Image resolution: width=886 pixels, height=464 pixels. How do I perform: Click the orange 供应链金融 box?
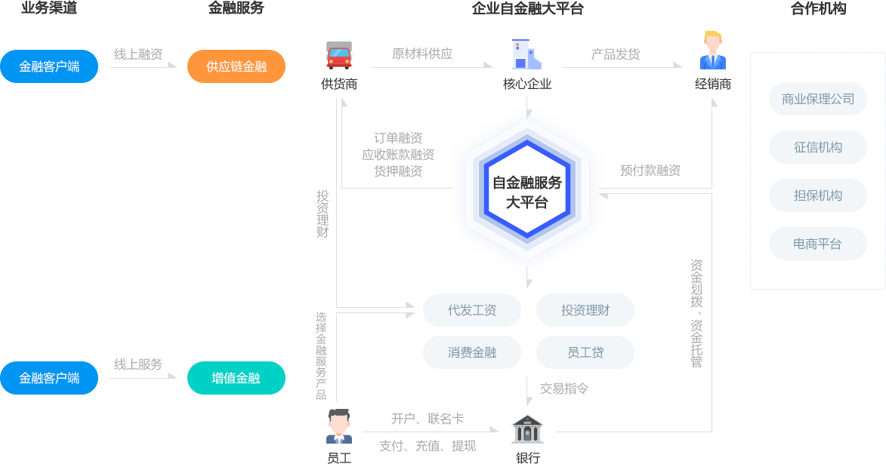236,66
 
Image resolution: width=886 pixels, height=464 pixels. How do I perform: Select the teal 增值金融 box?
236,378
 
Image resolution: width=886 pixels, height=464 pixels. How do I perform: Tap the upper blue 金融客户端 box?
49,66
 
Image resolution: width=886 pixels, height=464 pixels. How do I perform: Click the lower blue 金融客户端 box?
49,378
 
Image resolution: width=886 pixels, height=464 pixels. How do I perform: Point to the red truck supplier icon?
339,55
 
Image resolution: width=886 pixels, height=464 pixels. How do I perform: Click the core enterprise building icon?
526,54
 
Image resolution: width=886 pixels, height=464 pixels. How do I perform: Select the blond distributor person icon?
712,51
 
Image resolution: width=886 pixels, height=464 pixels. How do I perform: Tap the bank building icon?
527,429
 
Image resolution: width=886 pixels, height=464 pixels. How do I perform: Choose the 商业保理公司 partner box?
817,99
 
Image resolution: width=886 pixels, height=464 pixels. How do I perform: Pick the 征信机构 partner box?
817,147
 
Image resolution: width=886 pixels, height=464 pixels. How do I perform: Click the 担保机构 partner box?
817,195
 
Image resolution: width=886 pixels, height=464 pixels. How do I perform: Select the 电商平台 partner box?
817,244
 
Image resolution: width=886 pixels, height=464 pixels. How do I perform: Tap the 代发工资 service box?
471,310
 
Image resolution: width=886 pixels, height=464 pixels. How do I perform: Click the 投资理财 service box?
585,310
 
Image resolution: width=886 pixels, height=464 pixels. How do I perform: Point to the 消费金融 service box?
471,352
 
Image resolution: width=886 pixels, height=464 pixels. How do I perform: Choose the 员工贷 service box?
585,352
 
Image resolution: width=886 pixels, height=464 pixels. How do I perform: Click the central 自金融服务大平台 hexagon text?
527,192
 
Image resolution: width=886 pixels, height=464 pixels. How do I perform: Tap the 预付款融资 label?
650,171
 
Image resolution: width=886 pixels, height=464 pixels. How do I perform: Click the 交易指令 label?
563,389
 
